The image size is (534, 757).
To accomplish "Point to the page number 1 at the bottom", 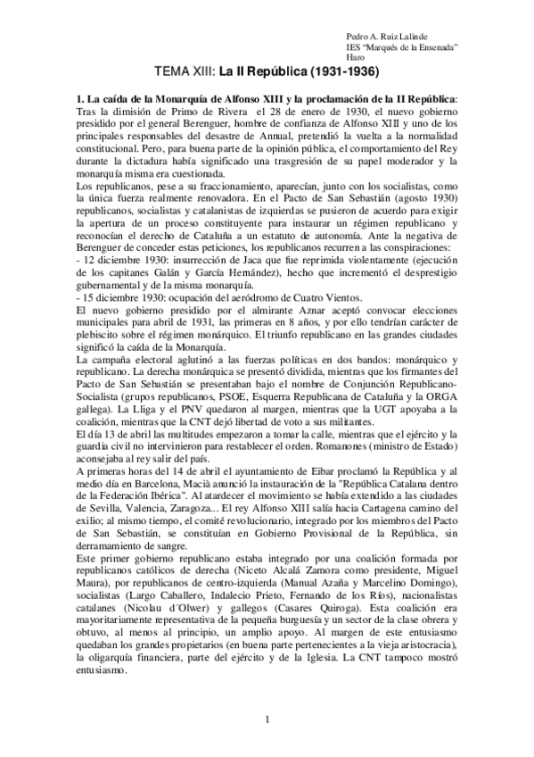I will (267, 720).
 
